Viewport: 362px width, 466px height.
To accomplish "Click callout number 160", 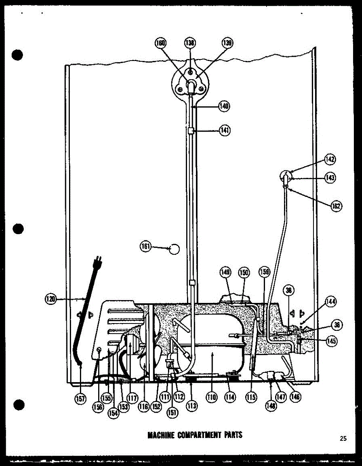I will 160,43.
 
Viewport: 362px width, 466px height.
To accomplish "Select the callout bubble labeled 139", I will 227,43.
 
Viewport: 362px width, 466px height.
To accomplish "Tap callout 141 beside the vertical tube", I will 224,131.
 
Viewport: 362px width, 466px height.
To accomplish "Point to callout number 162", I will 336,206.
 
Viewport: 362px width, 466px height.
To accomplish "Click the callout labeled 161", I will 146,246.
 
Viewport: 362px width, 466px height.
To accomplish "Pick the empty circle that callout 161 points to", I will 175,248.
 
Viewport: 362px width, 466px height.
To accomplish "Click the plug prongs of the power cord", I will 98,259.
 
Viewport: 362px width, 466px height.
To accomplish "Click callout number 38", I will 289,290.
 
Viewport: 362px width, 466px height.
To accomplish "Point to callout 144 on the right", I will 331,301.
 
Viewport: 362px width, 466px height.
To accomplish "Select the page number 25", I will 343,438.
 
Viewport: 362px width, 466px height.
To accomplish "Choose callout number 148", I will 270,405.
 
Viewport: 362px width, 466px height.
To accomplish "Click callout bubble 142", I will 330,159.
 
